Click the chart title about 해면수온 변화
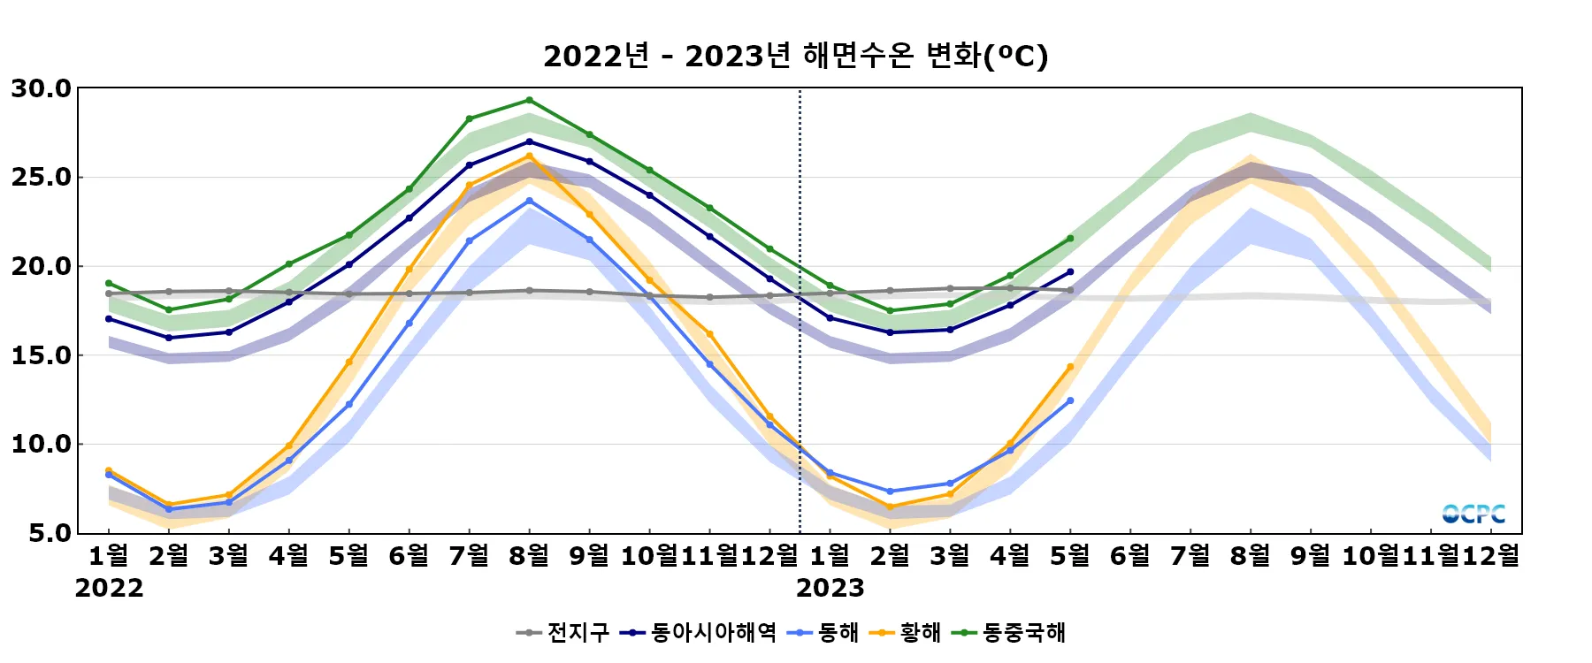coord(795,56)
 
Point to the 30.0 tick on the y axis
coord(42,88)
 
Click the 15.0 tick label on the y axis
coord(42,355)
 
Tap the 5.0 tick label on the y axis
coord(50,533)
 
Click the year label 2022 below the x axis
coord(109,588)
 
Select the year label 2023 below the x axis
coord(830,588)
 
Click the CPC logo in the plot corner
coord(1473,514)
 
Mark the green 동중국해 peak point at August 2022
coord(529,100)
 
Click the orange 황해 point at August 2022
coord(529,156)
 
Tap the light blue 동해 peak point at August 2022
coord(529,201)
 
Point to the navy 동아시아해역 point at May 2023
coord(1069,272)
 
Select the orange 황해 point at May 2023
coord(1069,367)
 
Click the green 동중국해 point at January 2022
coord(109,284)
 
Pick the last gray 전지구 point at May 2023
coord(1069,290)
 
